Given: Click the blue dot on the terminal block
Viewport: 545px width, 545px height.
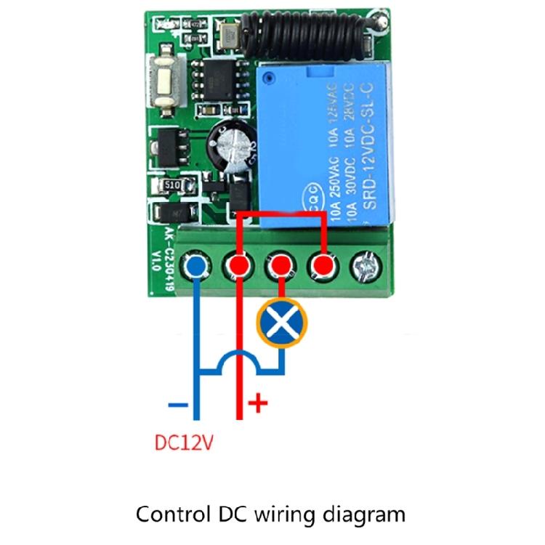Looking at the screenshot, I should tap(195, 267).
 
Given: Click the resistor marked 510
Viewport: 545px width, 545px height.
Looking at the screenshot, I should tap(173, 186).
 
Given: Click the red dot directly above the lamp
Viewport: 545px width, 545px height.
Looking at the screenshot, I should tap(278, 267).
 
